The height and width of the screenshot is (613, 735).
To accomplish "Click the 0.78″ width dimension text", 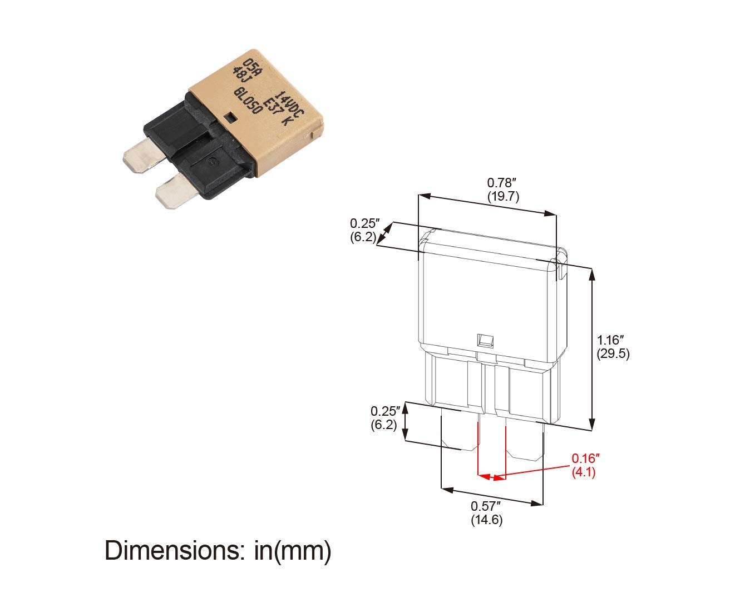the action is [x=502, y=183].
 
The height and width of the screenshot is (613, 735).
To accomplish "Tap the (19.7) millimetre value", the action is [x=504, y=197].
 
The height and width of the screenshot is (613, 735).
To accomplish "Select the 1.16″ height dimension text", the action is [x=611, y=340].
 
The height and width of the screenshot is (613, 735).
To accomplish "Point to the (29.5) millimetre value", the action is [x=613, y=353].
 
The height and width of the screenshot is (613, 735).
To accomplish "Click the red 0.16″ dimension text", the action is [x=585, y=458].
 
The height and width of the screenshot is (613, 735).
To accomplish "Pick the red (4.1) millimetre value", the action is [x=584, y=472].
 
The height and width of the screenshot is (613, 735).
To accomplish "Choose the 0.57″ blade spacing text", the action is [x=485, y=506].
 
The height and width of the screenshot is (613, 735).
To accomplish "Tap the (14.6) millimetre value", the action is [x=487, y=520].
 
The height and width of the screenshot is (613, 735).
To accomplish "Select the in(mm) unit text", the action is [x=293, y=551].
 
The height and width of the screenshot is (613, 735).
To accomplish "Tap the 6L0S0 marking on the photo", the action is [x=248, y=101].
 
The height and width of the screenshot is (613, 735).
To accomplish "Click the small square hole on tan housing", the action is [x=230, y=117].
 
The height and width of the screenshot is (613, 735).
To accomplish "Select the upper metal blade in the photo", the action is [x=144, y=156].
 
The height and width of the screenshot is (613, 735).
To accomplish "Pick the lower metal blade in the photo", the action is [x=175, y=192].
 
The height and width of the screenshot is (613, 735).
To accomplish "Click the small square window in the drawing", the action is [x=485, y=340].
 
